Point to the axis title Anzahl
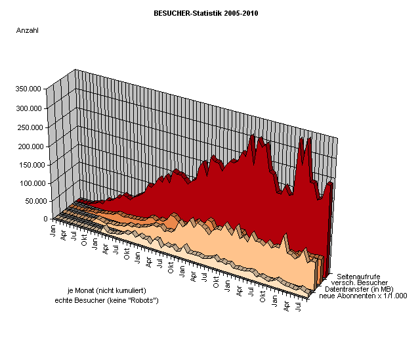27,30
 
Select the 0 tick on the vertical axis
45,219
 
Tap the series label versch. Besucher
357,282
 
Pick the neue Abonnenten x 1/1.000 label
362,296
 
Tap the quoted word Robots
142,300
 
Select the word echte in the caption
64,300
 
